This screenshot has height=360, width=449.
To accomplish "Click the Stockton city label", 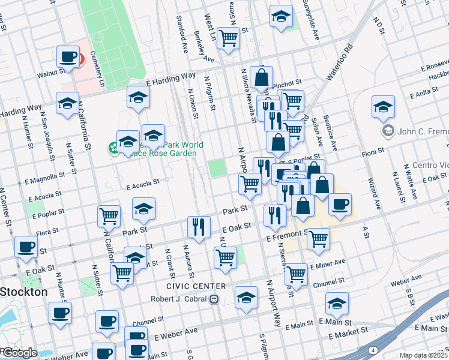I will tap(24, 292).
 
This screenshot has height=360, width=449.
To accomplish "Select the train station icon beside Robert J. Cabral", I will tap(213, 298).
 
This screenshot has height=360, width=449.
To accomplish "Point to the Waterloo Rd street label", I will tap(337, 61).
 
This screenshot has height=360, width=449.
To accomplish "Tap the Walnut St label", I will tap(52, 73).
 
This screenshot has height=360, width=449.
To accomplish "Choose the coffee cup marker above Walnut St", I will tap(68, 57).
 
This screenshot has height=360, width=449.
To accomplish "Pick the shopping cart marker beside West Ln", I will tap(228, 38).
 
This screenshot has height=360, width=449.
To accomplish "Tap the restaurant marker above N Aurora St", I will tap(199, 226).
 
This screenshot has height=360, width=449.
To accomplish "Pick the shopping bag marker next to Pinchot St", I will tap(262, 77).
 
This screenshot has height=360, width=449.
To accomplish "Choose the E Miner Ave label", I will tap(328, 263).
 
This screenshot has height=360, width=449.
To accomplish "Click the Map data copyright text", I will tap(424, 355).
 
